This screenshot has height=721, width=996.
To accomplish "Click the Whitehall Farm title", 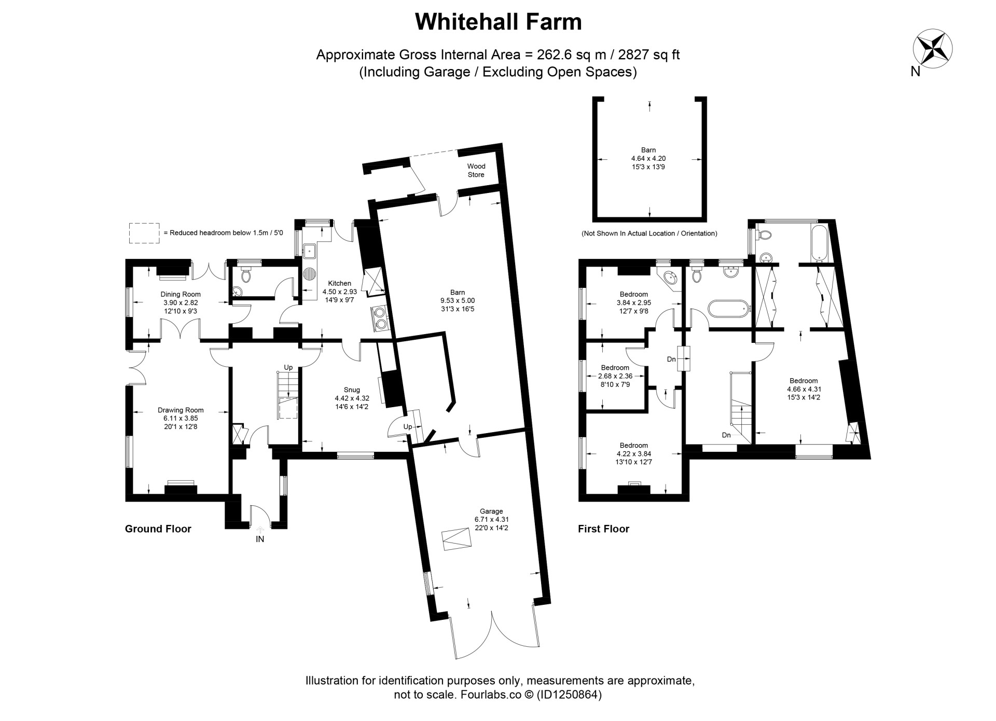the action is pos(499,22).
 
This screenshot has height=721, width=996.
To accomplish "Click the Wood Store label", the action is pos(476,170).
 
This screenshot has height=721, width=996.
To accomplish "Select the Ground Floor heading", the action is pos(158,529).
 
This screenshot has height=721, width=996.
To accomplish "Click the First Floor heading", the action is pos(604,529).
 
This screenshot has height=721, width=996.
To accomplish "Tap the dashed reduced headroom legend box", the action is pos(144,233).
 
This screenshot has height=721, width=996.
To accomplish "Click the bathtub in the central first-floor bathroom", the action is pos(729,308).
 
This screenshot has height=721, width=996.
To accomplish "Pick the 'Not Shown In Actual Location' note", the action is pos(649,233).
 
